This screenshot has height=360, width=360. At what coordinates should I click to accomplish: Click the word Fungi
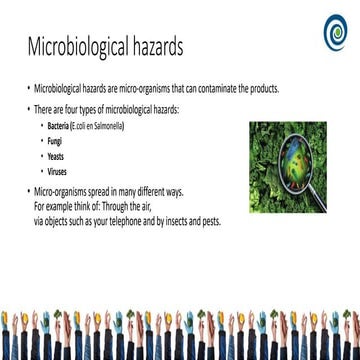68,144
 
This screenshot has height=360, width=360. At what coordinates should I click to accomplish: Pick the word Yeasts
70,158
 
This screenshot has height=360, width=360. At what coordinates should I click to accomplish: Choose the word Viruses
71,172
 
